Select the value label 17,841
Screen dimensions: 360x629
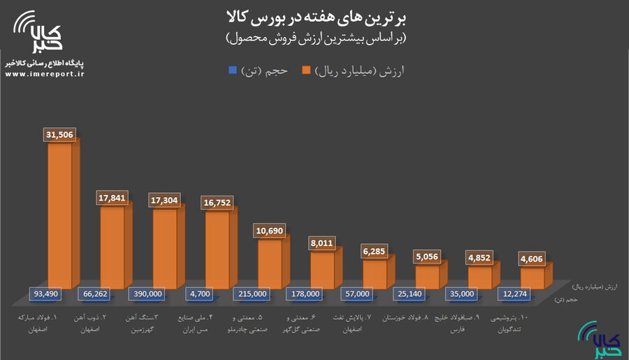[x=113, y=199]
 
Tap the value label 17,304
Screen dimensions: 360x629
[x=165, y=199]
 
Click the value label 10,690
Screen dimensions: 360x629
[x=270, y=230]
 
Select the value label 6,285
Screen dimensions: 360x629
[x=375, y=250]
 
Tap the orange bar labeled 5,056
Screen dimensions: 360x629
[x=427, y=275]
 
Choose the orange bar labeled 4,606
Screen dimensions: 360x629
[x=532, y=277]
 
